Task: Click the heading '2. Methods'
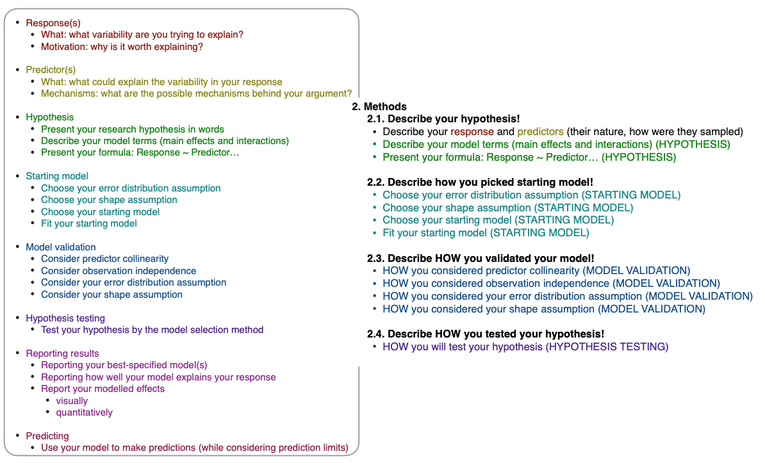[x=379, y=107]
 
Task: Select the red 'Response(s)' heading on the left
[x=53, y=23]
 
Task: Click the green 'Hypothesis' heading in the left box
[x=49, y=117]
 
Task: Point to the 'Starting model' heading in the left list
[x=57, y=176]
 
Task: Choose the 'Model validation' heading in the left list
[x=61, y=247]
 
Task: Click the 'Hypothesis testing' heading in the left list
[x=65, y=318]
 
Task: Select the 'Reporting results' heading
[x=62, y=353]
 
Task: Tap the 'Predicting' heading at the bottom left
[x=47, y=436]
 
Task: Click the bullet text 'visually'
[x=72, y=401]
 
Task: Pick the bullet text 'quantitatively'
[x=84, y=412]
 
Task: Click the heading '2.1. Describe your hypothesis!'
[x=443, y=119]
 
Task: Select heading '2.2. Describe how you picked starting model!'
[x=480, y=182]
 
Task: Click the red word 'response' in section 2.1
[x=472, y=132]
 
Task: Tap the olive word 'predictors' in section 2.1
[x=540, y=132]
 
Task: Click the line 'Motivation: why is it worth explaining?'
[x=122, y=47]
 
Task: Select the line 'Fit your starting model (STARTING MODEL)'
[x=486, y=233]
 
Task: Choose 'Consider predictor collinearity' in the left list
[x=104, y=259]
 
